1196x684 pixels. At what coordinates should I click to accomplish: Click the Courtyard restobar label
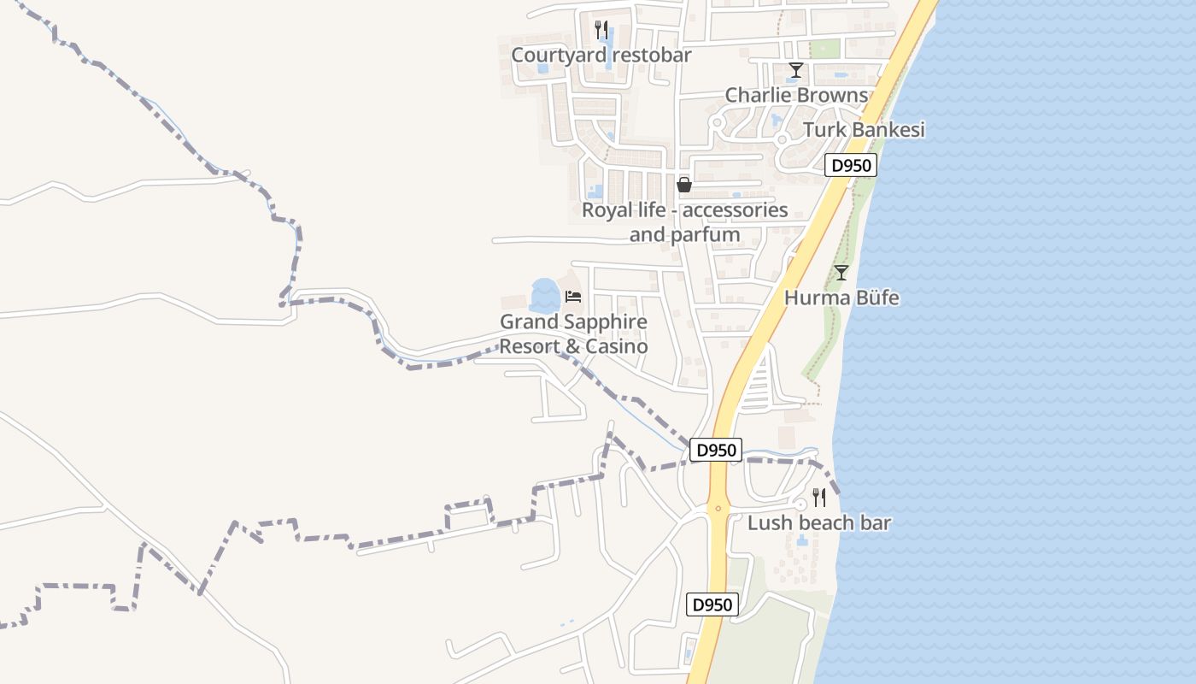coord(601,56)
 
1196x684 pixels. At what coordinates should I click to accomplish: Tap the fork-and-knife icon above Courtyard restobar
coord(601,29)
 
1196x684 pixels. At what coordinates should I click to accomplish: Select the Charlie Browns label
coord(796,95)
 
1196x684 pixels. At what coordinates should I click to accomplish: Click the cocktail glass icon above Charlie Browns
coord(796,70)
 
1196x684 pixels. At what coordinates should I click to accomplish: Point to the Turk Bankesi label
coord(864,130)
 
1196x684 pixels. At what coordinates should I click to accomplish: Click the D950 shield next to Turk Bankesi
coord(851,165)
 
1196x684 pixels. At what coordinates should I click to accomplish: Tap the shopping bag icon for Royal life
coord(684,184)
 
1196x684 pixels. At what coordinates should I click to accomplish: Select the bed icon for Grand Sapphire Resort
coord(573,297)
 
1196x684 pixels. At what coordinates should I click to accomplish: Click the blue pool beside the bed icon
coord(544,296)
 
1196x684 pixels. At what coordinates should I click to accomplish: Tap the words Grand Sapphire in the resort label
coord(573,322)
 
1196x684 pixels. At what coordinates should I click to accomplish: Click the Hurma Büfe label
coord(841,298)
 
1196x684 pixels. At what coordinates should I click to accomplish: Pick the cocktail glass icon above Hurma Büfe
coord(841,273)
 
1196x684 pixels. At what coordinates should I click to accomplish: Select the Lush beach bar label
coord(818,523)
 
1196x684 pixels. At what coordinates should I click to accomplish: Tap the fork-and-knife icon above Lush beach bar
coord(818,498)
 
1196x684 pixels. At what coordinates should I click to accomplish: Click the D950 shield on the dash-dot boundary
coord(715,450)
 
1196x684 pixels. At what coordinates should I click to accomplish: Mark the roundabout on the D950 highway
coord(718,508)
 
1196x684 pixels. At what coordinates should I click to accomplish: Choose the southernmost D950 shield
coord(712,604)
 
